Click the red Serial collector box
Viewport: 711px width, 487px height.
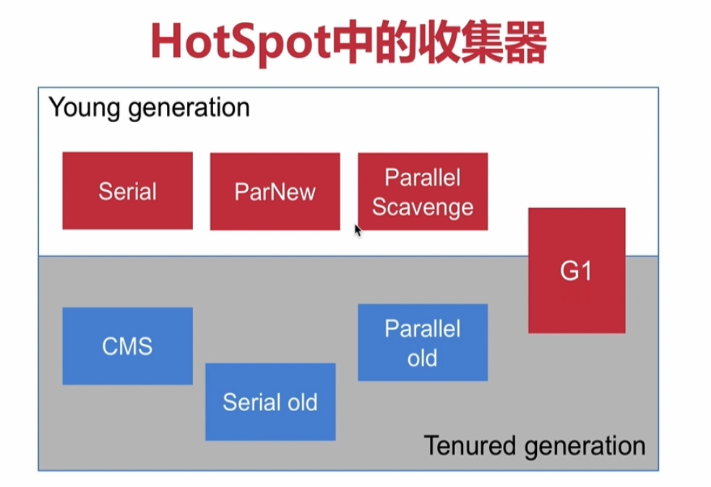pyautogui.click(x=127, y=191)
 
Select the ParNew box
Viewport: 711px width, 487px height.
pyautogui.click(x=275, y=191)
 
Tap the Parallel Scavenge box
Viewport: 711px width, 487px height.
pyautogui.click(x=423, y=191)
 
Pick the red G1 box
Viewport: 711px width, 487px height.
pyautogui.click(x=577, y=270)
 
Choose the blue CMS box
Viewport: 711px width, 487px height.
pyautogui.click(x=127, y=345)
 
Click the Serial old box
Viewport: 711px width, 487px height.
pyautogui.click(x=270, y=402)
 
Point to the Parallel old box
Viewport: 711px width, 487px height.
pyautogui.click(x=423, y=342)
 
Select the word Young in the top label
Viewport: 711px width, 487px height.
pyautogui.click(x=82, y=108)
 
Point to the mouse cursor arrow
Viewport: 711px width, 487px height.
pyautogui.click(x=358, y=229)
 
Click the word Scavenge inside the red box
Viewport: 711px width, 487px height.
pyautogui.click(x=423, y=207)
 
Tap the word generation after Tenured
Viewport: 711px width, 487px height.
pyautogui.click(x=585, y=445)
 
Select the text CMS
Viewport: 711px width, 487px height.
pyautogui.click(x=127, y=345)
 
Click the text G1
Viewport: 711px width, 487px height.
pyautogui.click(x=576, y=271)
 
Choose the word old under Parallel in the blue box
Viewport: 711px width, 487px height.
pyautogui.click(x=423, y=358)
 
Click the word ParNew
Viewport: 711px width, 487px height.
pyautogui.click(x=275, y=191)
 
